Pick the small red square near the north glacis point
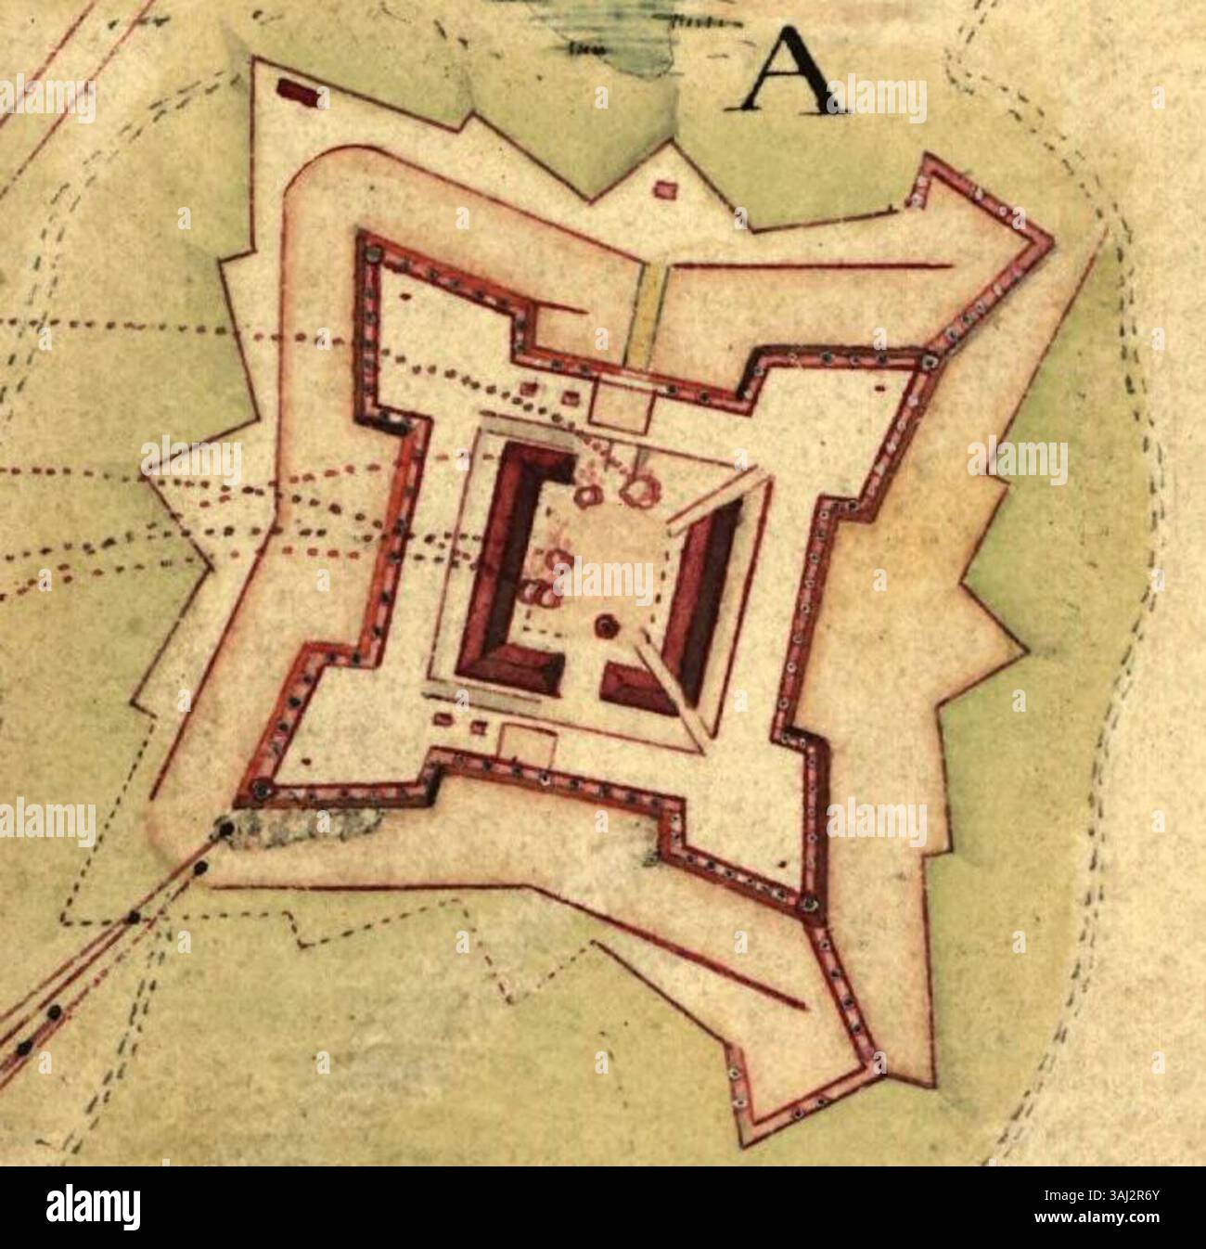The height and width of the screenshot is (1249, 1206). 664,189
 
